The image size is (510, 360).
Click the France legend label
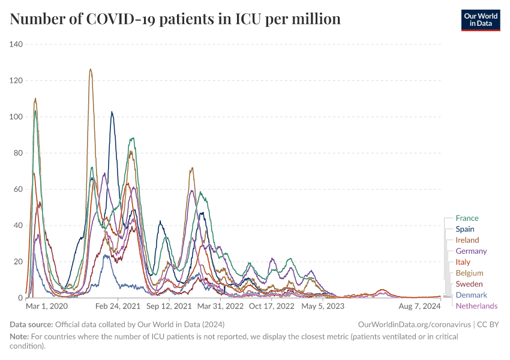click(x=467, y=218)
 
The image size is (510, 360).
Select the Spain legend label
click(x=464, y=229)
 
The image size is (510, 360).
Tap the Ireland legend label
click(x=467, y=240)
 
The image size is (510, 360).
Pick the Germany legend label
click(x=471, y=251)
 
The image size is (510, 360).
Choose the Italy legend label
click(x=463, y=262)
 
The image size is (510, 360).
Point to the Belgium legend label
click(x=469, y=273)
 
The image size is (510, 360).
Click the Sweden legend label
click(x=469, y=284)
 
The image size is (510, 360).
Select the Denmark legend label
click(x=471, y=295)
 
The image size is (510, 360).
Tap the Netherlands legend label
click(x=476, y=306)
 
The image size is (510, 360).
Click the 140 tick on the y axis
click(x=16, y=44)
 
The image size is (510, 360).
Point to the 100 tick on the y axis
click(x=16, y=117)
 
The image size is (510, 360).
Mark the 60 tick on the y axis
click(x=18, y=190)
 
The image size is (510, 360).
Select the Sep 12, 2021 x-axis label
click(x=169, y=306)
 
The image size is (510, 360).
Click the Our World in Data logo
click(x=480, y=19)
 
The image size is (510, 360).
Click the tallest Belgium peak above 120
click(x=91, y=70)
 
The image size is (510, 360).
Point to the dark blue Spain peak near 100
click(x=112, y=112)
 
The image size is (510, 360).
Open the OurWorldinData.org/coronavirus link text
click(x=414, y=324)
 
